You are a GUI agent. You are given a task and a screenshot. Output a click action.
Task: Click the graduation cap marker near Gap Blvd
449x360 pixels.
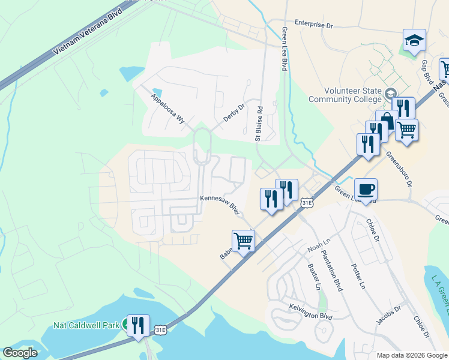tap(414, 41)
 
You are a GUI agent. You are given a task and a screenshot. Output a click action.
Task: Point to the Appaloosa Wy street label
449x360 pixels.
tap(168, 107)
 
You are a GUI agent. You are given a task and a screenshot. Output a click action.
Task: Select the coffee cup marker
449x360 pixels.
tap(366, 190)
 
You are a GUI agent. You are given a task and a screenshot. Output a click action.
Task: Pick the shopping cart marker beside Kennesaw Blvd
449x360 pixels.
tap(243, 241)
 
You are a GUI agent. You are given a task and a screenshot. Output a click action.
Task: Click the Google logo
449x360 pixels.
tap(20, 353)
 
